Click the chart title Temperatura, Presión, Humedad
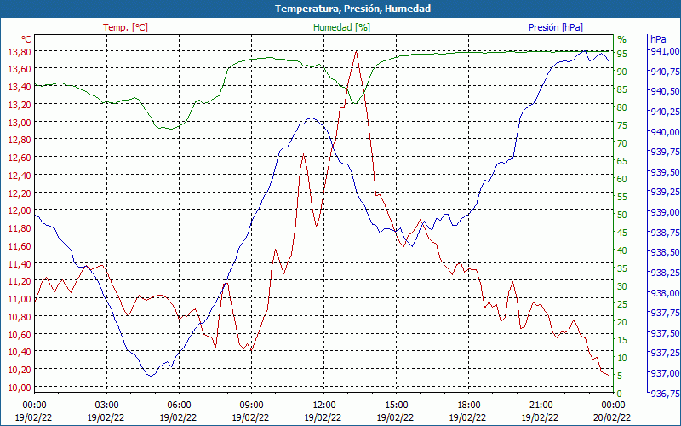[340, 9]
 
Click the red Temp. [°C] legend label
[125, 27]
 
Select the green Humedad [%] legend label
[341, 27]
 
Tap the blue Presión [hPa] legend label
[555, 27]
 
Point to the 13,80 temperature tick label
[18, 52]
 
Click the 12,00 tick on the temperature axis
[18, 210]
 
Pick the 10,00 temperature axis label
[18, 387]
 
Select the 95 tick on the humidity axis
[622, 53]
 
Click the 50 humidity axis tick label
[622, 214]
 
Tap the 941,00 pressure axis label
[664, 51]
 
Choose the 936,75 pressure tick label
[664, 393]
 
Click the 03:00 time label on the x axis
[106, 405]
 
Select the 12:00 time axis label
[323, 405]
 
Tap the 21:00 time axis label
[541, 405]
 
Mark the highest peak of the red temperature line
[356, 51]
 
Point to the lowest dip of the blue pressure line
[151, 375]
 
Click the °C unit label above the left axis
[26, 39]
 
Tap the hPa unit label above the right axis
[657, 39]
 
